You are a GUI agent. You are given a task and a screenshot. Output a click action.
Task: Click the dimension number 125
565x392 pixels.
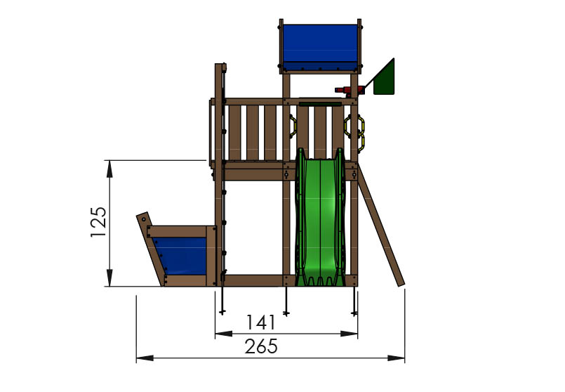point(99,222)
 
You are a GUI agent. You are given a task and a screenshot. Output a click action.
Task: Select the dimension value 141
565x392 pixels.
point(260,322)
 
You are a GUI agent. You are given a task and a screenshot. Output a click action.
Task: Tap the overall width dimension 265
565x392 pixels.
point(262,346)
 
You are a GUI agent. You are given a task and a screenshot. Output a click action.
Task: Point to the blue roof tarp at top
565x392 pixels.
point(320,44)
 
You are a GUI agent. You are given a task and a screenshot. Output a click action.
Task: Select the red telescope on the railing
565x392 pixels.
point(350,90)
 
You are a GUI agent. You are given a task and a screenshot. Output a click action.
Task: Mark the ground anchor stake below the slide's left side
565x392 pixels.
point(287,302)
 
